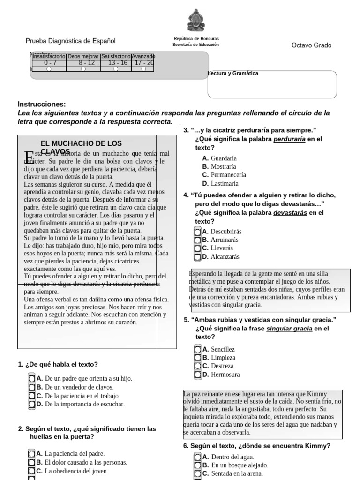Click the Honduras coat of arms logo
click(x=195, y=21)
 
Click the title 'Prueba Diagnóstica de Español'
click(x=70, y=41)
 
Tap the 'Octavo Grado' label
click(x=311, y=45)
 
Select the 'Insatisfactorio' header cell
click(x=49, y=56)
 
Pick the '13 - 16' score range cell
click(x=117, y=63)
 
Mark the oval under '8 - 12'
click(x=83, y=69)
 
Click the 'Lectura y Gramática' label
click(x=233, y=74)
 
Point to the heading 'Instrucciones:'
click(x=42, y=104)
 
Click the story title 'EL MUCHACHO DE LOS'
click(x=81, y=143)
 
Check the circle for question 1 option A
click(x=31, y=378)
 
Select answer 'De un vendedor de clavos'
click(x=79, y=387)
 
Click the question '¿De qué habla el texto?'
click(x=61, y=364)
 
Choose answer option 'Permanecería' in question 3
click(x=228, y=175)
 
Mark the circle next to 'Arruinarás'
click(x=197, y=240)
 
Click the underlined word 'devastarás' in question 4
click(x=290, y=212)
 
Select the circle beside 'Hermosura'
click(x=197, y=375)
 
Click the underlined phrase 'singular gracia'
click(x=289, y=329)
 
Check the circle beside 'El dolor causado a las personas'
click(x=31, y=462)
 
